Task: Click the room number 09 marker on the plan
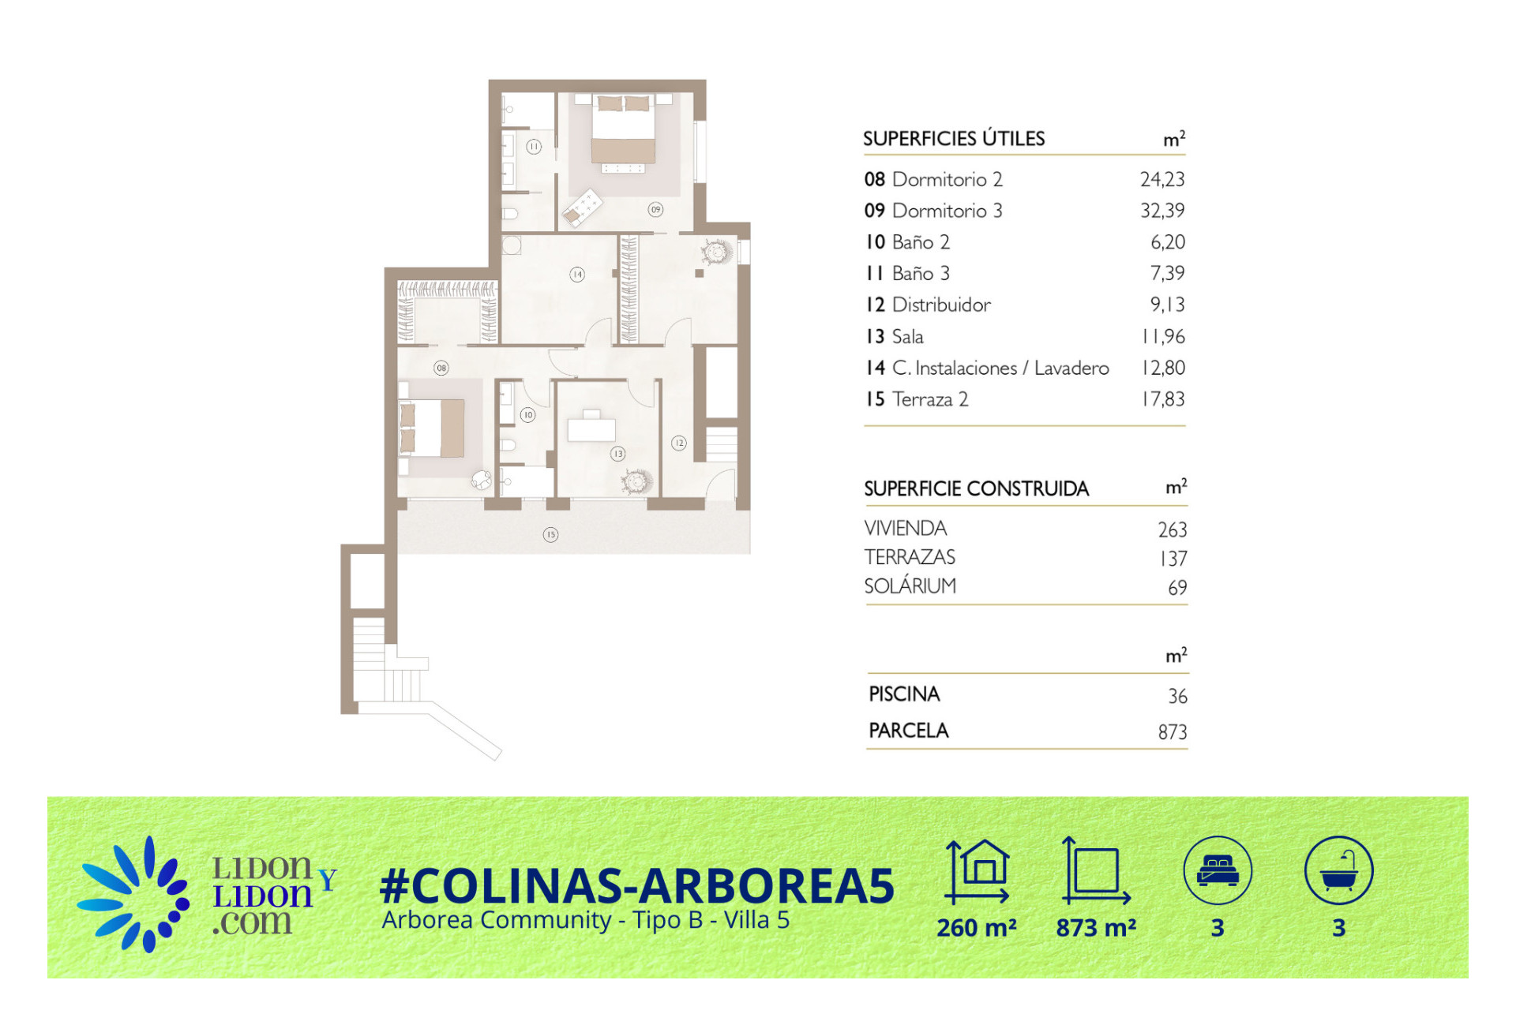pos(655,209)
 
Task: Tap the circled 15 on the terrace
pos(550,534)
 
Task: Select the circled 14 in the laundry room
pos(577,275)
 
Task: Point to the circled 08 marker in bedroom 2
pos(441,368)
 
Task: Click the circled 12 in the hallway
pos(679,443)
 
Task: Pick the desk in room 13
pos(591,427)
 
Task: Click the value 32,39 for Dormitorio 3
pos(1162,211)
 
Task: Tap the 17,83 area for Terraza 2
pos(1163,399)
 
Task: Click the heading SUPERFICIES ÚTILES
pos(954,138)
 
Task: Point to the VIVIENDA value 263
pos(1173,529)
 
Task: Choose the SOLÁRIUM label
pos(910,585)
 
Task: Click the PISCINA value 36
pos(1177,696)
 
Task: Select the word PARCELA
pos(909,731)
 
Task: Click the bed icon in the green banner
pos(1218,870)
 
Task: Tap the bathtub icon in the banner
pos(1339,870)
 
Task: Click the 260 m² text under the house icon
pos(977,928)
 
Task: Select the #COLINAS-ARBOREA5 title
pos(637,885)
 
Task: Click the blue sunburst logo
pos(133,894)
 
